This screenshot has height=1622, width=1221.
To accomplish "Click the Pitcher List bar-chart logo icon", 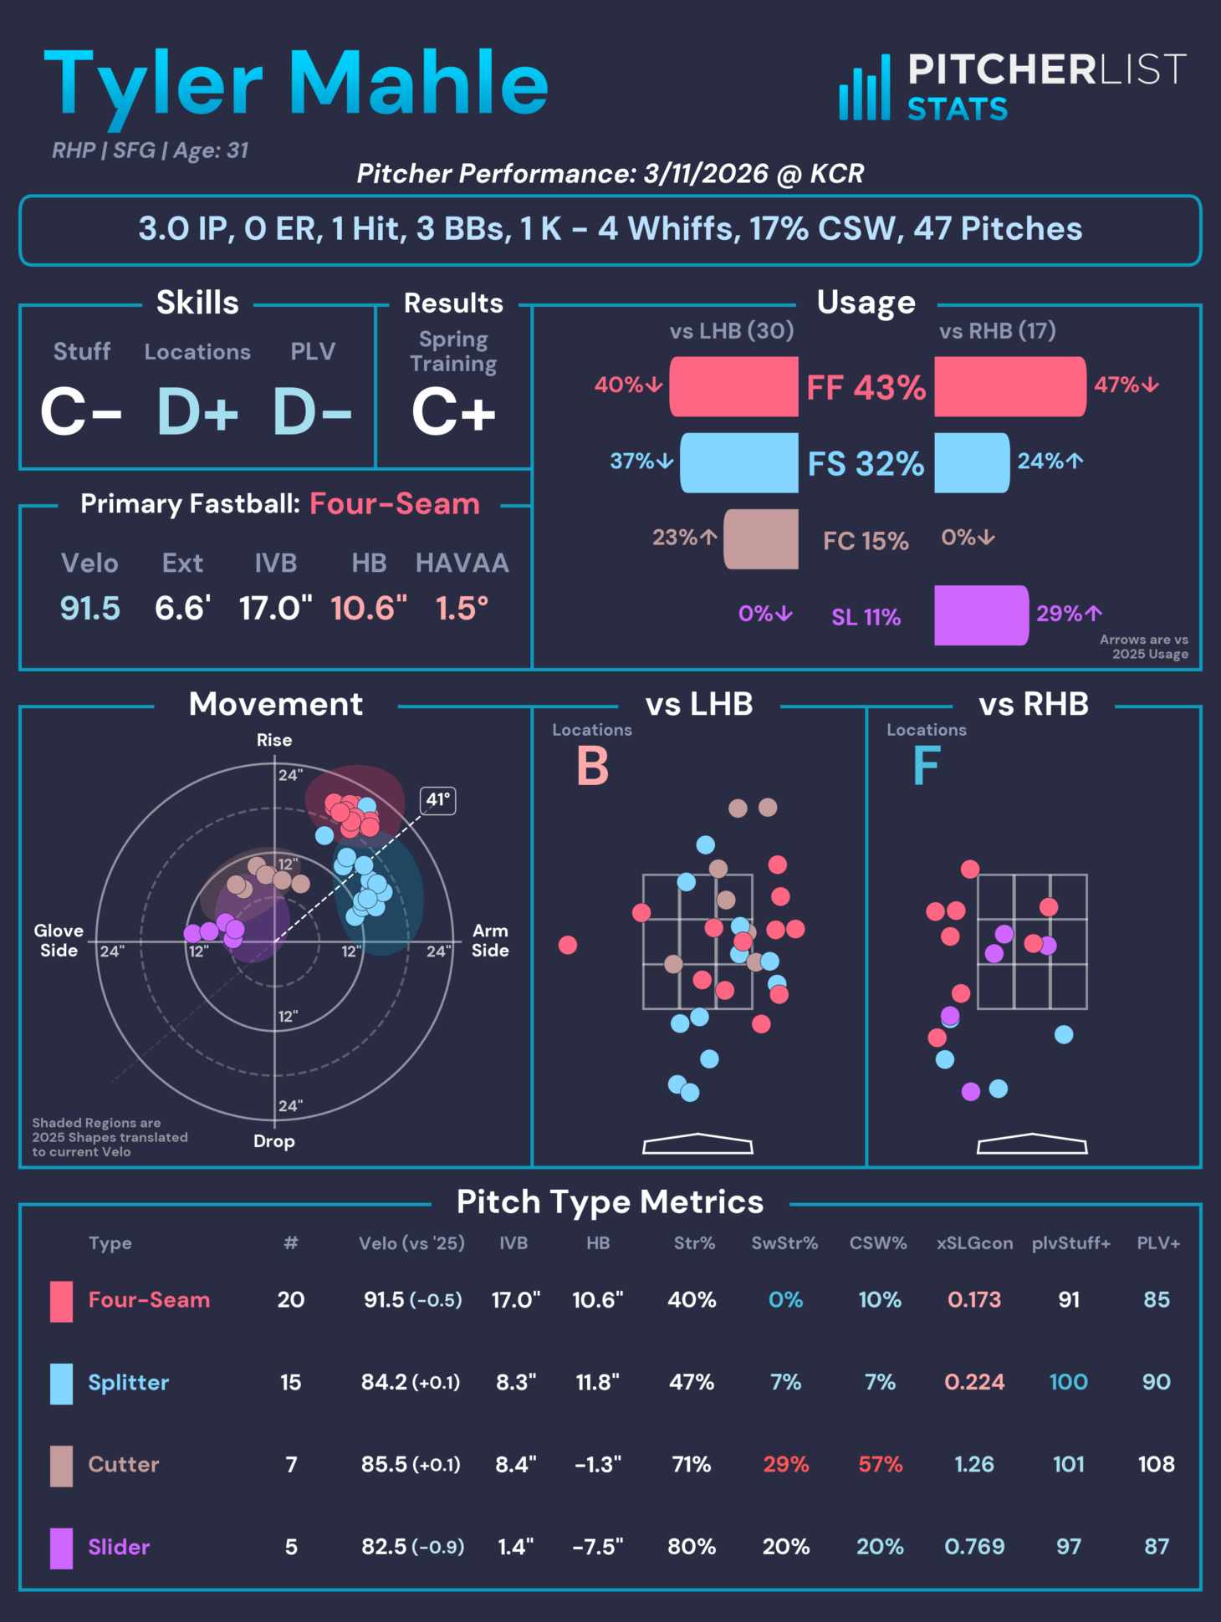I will (x=865, y=89).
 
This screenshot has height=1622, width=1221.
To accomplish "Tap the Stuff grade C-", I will (x=81, y=412).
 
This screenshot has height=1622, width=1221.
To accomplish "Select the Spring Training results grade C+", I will (x=453, y=412).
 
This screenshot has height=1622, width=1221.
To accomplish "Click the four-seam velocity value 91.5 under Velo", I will (x=90, y=609).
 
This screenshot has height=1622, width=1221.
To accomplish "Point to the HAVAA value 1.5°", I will (x=462, y=609).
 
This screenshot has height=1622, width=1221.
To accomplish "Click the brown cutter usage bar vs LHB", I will (x=761, y=539).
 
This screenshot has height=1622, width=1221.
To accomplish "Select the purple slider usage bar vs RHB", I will (x=981, y=615).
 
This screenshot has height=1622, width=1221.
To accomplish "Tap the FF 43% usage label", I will (x=866, y=387).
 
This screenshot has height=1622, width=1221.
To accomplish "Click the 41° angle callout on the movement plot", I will (x=438, y=800).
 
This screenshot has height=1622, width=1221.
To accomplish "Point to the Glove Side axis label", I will (x=59, y=941).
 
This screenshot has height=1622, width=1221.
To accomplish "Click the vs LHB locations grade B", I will (x=592, y=766).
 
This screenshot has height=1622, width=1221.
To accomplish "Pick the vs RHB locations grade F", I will (x=927, y=766).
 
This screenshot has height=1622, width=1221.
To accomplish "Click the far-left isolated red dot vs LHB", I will (x=568, y=945).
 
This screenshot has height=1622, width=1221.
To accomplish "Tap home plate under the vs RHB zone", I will (x=1032, y=1144).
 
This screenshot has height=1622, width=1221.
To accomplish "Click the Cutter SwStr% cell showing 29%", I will (x=785, y=1464).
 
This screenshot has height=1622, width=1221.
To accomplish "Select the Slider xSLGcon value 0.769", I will (x=974, y=1547).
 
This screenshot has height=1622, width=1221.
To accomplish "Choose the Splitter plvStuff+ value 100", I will (x=1068, y=1382).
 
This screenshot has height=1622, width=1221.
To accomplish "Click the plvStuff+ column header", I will (x=1070, y=1243).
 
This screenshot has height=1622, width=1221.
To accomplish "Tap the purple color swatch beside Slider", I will (x=61, y=1548).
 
